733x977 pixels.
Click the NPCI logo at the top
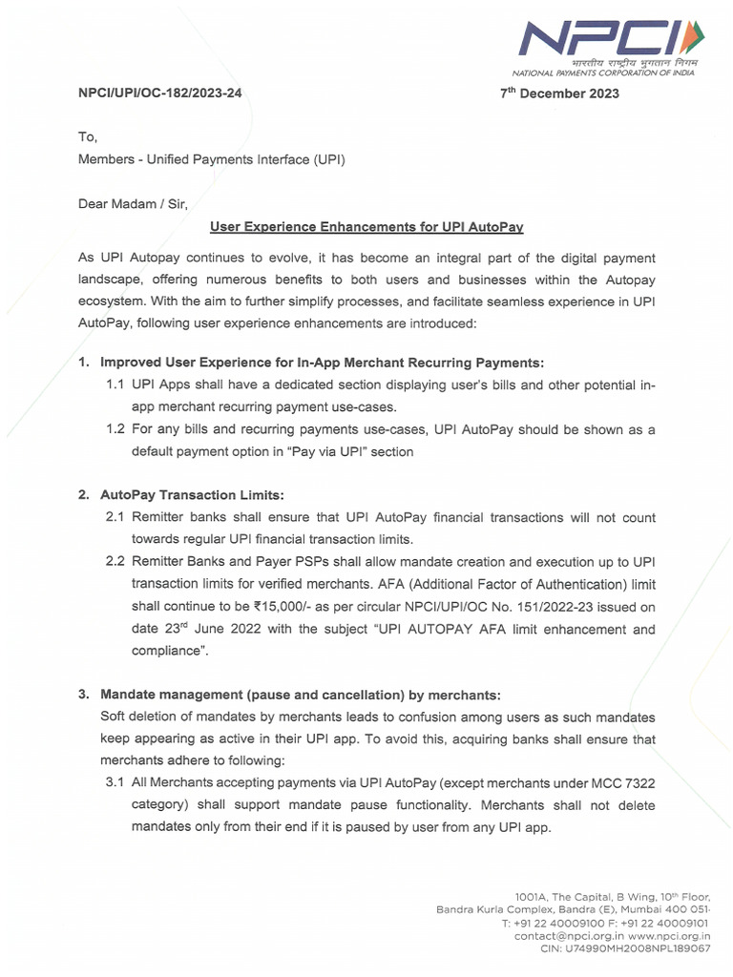(611, 43)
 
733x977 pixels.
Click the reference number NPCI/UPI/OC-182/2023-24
(159, 94)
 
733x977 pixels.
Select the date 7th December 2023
(560, 94)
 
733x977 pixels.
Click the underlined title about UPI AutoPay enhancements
(366, 227)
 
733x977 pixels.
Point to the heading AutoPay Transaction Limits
(193, 495)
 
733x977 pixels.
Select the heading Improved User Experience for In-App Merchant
(322, 363)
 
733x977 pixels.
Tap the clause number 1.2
(115, 430)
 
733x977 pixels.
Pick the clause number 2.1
(115, 518)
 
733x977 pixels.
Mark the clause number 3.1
(115, 782)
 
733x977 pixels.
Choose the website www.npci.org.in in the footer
(670, 937)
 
